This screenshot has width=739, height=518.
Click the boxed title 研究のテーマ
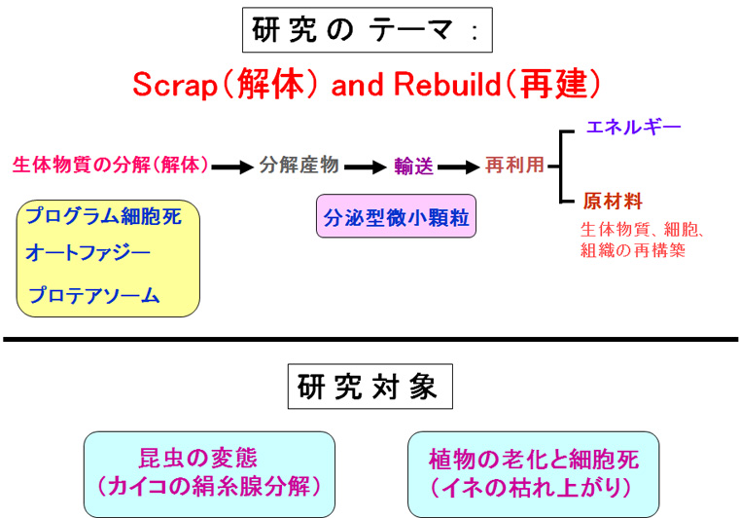point(367,29)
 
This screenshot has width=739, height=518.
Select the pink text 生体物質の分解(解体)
point(111,166)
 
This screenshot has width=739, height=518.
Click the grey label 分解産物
point(299,166)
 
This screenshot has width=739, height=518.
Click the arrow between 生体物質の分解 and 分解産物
point(233,167)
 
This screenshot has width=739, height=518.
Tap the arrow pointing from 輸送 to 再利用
point(459,167)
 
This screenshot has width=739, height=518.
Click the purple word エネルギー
point(632,128)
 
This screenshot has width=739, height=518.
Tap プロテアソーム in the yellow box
point(94,295)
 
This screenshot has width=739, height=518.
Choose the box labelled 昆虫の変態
point(209,473)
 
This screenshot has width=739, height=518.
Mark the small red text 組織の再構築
point(634,250)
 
